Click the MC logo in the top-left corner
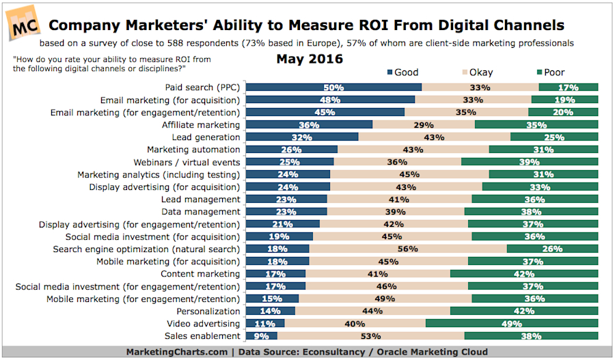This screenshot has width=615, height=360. pyautogui.click(x=23, y=23)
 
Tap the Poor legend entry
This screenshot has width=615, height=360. pyautogui.click(x=549, y=72)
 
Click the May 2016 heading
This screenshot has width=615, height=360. pyautogui.click(x=310, y=59)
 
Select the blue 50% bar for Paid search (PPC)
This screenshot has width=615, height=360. pyautogui.click(x=333, y=87)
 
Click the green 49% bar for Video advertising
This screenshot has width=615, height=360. pyautogui.click(x=512, y=324)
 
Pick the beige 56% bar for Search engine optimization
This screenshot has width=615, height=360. pyautogui.click(x=408, y=249)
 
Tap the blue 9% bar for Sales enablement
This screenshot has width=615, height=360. pyautogui.click(x=261, y=336)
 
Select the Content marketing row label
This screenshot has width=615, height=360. pyautogui.click(x=201, y=274)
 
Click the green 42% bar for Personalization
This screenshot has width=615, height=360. pyautogui.click(x=524, y=311)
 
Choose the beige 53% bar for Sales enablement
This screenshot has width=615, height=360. pyautogui.click(x=370, y=336)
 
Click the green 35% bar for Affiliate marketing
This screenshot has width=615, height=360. pyautogui.click(x=536, y=125)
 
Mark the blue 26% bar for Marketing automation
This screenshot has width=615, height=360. pyautogui.click(x=292, y=150)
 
